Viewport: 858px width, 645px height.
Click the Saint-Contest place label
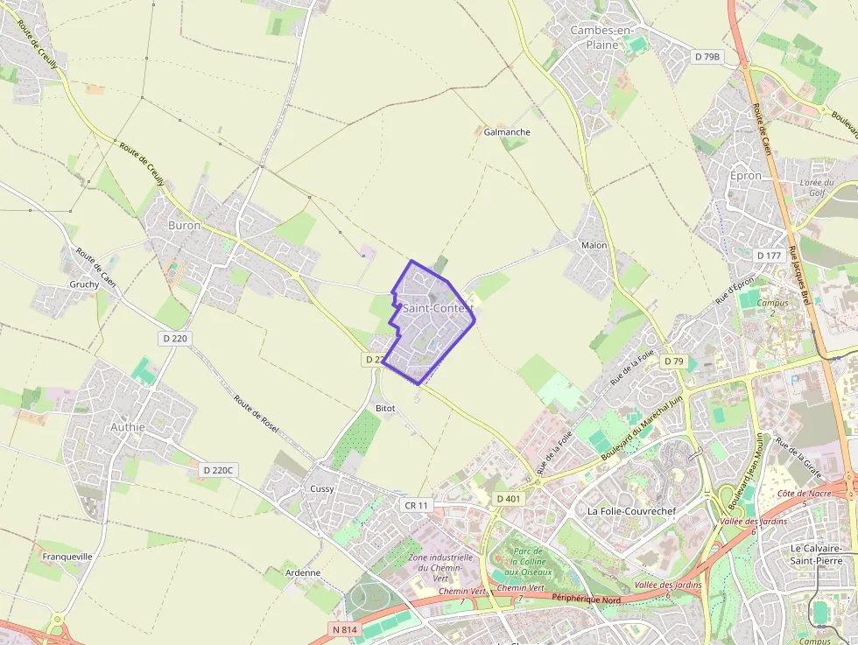pos(438,308)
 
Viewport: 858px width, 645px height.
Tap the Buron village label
pos(184,225)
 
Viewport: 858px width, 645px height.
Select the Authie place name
pos(128,427)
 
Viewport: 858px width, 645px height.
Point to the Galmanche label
pos(507,132)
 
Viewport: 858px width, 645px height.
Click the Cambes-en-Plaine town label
pos(601,37)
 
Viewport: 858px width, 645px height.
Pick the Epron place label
pos(746,175)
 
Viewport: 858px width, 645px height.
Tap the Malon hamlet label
pos(594,245)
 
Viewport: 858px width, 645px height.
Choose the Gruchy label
pos(84,285)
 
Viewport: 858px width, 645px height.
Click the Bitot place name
pos(385,409)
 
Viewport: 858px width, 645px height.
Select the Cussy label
pos(321,488)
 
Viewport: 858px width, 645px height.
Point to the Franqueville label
pos(67,556)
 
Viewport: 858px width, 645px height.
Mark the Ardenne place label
pos(303,572)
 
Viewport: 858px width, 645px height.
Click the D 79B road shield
pos(707,57)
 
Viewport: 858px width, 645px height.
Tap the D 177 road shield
pos(769,256)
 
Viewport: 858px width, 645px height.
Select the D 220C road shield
pos(218,470)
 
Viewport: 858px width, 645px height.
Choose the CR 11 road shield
pos(416,506)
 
